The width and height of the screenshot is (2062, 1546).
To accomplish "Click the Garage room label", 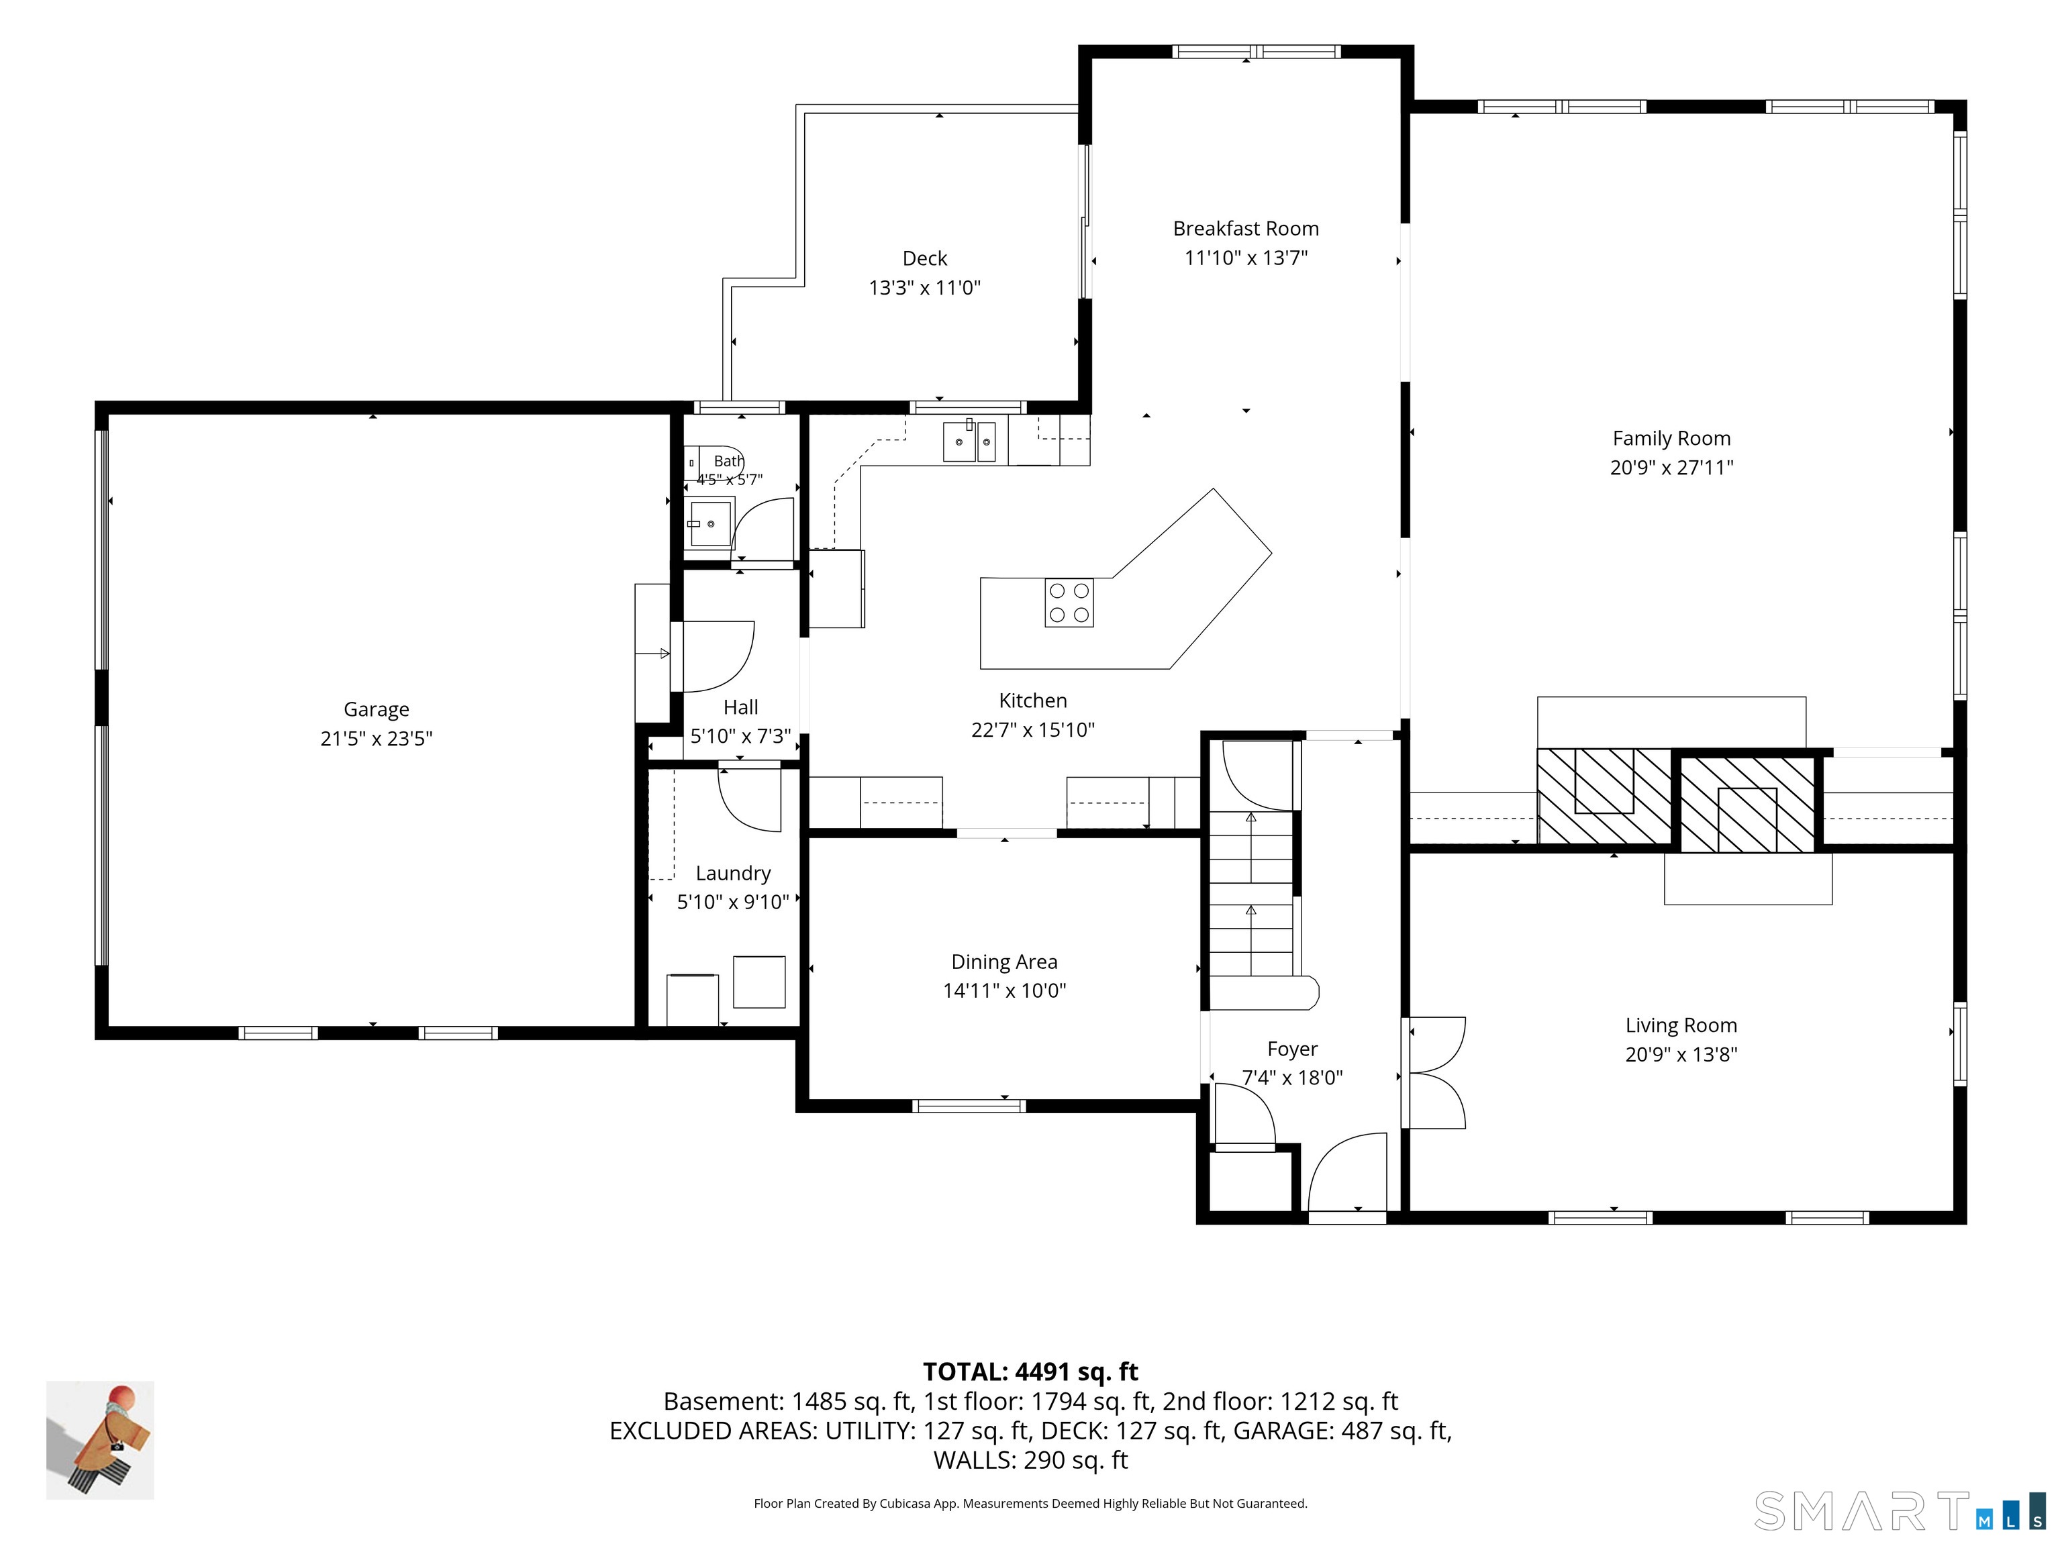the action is click(x=377, y=709).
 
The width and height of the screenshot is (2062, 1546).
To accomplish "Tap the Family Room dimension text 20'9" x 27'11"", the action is click(x=1671, y=468).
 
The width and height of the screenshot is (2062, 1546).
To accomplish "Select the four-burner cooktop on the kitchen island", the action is click(x=1069, y=602).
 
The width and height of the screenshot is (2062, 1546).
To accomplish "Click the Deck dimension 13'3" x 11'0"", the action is click(x=925, y=288).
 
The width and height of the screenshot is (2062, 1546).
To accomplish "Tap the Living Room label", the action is click(x=1681, y=1025).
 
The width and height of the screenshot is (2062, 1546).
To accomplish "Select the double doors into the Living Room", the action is click(x=1436, y=1072).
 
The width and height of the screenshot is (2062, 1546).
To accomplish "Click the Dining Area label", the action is click(x=1004, y=962).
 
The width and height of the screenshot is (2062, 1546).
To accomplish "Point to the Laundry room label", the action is click(x=733, y=873).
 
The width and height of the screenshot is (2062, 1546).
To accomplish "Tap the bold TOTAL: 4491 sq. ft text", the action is click(x=1030, y=1372).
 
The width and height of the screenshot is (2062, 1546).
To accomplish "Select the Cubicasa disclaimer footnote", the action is click(x=1030, y=1503).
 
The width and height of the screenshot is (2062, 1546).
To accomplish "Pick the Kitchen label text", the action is click(x=1033, y=701).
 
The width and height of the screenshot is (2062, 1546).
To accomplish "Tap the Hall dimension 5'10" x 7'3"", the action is click(x=740, y=736).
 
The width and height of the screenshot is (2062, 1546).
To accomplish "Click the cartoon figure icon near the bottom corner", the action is click(x=101, y=1440).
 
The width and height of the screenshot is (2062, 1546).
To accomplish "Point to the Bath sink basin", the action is click(x=709, y=523).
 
